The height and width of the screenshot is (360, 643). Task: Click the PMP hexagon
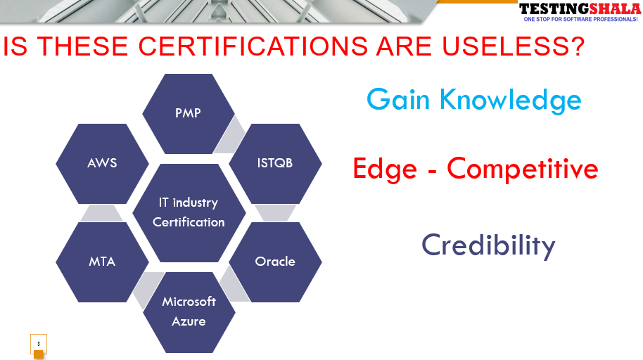pos(189,114)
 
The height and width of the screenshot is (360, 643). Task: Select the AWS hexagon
pos(102,164)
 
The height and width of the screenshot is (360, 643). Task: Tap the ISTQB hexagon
pos(275,164)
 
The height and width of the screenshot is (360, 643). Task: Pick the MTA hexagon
pos(102,262)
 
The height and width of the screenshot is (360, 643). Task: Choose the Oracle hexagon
pos(275,262)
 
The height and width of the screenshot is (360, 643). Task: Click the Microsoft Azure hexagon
pos(189,312)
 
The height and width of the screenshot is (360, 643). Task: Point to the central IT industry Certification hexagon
pos(189,213)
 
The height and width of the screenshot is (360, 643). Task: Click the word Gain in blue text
pos(397,100)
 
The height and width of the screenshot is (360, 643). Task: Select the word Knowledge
pos(511,101)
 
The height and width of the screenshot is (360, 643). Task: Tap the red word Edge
pos(385,169)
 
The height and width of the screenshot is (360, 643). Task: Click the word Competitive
pos(523,169)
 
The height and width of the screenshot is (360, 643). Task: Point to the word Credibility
pos(488,245)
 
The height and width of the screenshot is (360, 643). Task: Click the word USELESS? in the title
pos(513,46)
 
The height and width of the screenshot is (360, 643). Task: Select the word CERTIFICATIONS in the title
pos(253,46)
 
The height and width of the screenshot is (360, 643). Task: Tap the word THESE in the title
pos(83,46)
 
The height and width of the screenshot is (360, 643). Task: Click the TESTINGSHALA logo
pos(580,9)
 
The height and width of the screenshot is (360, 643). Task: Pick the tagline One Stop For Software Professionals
pos(580,19)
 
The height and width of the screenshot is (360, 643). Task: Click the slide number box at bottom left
pos(39,344)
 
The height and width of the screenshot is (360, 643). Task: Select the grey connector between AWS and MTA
pos(102,213)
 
